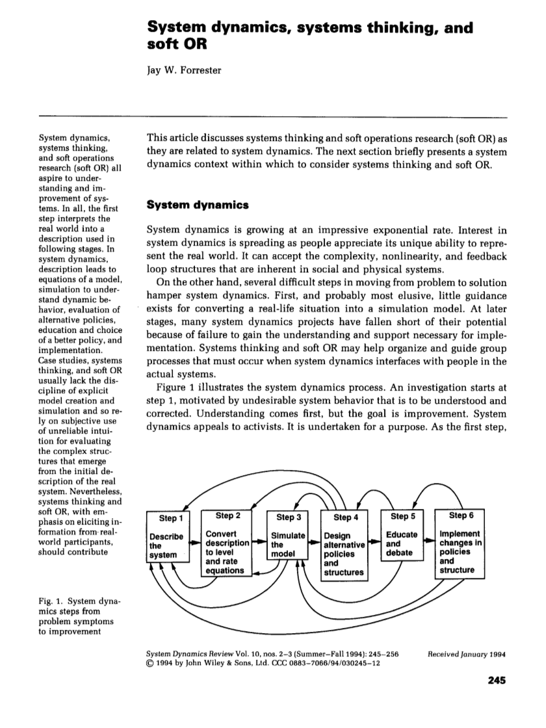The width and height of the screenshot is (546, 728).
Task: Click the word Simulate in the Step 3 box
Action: pyautogui.click(x=288, y=535)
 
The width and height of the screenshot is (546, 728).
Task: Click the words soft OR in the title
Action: pyautogui.click(x=172, y=46)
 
